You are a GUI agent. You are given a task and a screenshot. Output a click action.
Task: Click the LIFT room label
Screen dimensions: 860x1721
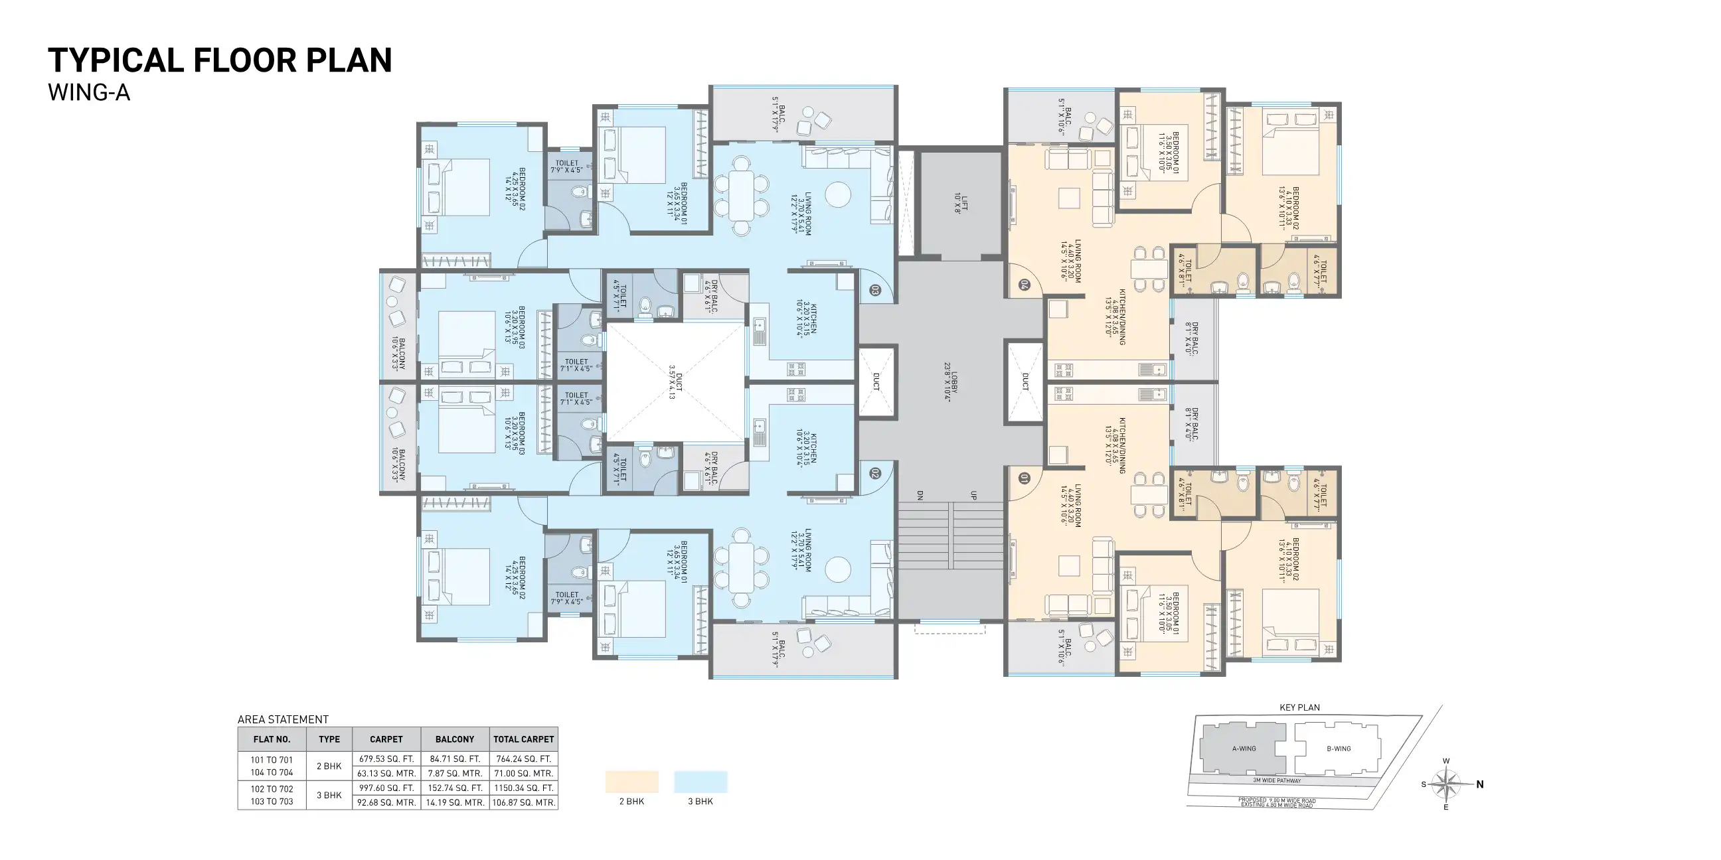(x=960, y=203)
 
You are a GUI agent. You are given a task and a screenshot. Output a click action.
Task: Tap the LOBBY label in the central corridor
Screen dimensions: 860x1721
(x=951, y=382)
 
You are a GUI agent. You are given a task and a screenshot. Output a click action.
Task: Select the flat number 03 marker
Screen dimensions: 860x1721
(x=874, y=291)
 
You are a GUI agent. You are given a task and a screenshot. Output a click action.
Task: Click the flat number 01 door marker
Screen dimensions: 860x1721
(x=1024, y=478)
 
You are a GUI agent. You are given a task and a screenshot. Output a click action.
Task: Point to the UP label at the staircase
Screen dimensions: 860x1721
(x=973, y=496)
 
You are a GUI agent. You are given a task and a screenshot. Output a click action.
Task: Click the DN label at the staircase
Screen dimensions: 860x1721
(x=920, y=496)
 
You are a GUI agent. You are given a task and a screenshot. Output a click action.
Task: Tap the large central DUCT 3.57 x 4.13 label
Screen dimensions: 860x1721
(x=675, y=382)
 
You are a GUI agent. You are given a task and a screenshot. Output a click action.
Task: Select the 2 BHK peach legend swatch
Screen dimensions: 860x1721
(x=631, y=781)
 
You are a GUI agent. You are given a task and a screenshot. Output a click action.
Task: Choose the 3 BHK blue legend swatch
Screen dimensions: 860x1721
(x=700, y=781)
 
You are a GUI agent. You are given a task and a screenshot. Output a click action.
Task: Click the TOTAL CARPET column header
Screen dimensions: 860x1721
(x=523, y=739)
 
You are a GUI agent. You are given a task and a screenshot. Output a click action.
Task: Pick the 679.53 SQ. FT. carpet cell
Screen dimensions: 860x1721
(x=386, y=758)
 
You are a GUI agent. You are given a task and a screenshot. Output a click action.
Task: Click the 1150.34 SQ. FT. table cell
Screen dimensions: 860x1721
(x=523, y=788)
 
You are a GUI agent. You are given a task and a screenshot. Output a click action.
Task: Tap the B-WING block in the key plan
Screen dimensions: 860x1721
(x=1338, y=749)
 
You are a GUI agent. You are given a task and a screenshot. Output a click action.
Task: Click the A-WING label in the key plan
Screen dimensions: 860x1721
(x=1244, y=749)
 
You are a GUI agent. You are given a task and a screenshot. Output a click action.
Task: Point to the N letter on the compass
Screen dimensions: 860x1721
(x=1480, y=784)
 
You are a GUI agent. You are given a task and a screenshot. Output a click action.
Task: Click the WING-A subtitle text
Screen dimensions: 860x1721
(x=89, y=93)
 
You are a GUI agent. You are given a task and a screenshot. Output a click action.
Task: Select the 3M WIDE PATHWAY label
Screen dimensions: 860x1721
(x=1277, y=780)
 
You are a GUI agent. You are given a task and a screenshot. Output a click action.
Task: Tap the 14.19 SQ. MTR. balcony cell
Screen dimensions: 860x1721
(x=454, y=802)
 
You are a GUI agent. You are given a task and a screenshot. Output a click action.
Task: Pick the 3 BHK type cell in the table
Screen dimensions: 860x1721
(x=329, y=795)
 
